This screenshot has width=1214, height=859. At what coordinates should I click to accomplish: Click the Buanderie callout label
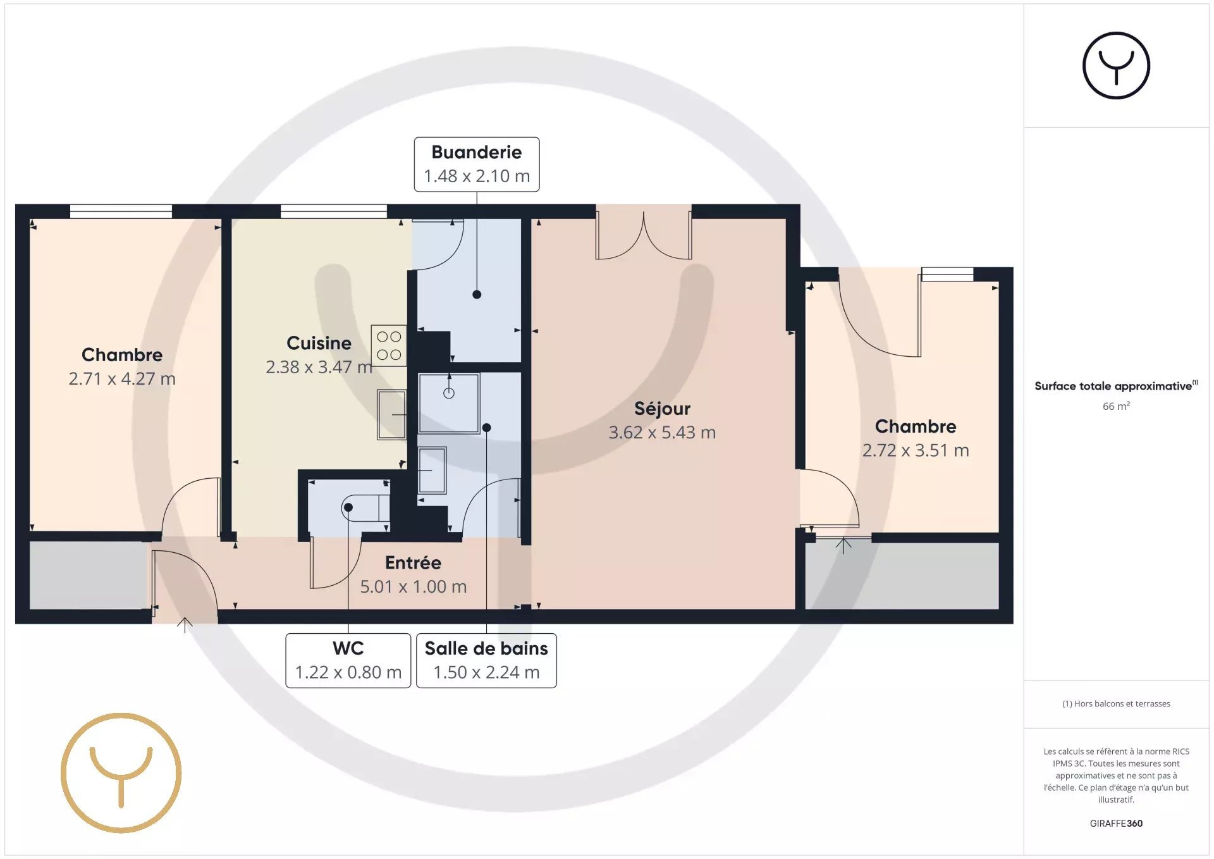point(477,164)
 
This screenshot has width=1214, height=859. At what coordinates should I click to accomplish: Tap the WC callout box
point(348,660)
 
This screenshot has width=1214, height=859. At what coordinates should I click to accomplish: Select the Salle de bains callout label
point(486,660)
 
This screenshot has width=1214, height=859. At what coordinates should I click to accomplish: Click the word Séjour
point(662,409)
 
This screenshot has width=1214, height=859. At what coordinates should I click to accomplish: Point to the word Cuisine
point(319,343)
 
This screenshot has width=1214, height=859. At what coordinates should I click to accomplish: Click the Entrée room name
point(413,562)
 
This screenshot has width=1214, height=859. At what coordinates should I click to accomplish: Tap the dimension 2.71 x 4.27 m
point(122,379)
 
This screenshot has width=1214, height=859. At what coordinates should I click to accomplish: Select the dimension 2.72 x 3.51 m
point(916,450)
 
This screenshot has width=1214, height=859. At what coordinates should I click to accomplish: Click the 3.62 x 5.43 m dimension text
point(662,433)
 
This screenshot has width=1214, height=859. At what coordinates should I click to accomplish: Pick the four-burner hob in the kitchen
point(389,345)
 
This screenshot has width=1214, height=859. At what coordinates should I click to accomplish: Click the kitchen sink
point(391,414)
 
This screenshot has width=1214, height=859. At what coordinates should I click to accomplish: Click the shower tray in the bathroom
point(449,403)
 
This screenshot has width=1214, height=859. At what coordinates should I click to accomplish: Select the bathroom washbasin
point(432,470)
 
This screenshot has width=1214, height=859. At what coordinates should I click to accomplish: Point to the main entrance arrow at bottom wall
point(185,625)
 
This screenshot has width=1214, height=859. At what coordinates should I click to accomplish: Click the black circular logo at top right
point(1116,66)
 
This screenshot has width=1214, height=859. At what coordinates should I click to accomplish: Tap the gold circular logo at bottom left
point(121,773)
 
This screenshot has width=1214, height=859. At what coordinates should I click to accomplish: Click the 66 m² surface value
point(1116,406)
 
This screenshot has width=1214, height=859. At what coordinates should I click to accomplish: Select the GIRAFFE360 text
point(1116,824)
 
